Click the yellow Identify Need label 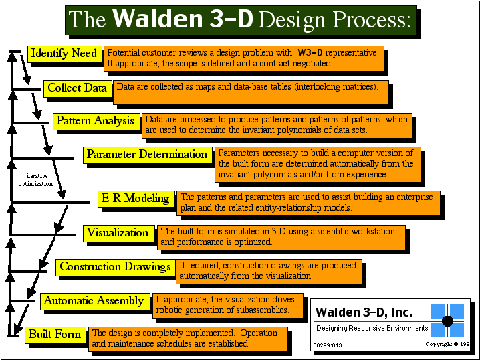click(x=65, y=54)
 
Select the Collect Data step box click(x=78, y=89)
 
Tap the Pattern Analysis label click(x=96, y=122)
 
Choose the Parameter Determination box click(x=147, y=155)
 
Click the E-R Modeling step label click(x=136, y=199)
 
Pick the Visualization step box click(x=118, y=234)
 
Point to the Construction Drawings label click(x=116, y=268)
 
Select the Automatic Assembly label click(x=95, y=302)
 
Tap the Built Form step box click(x=55, y=335)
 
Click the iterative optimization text click(x=35, y=180)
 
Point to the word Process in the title click(x=371, y=20)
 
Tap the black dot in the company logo click(x=447, y=321)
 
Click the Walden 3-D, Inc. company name click(x=364, y=312)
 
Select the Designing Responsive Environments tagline click(x=372, y=328)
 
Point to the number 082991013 click(x=328, y=345)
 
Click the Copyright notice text click(x=447, y=344)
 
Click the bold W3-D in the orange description click(x=310, y=52)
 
